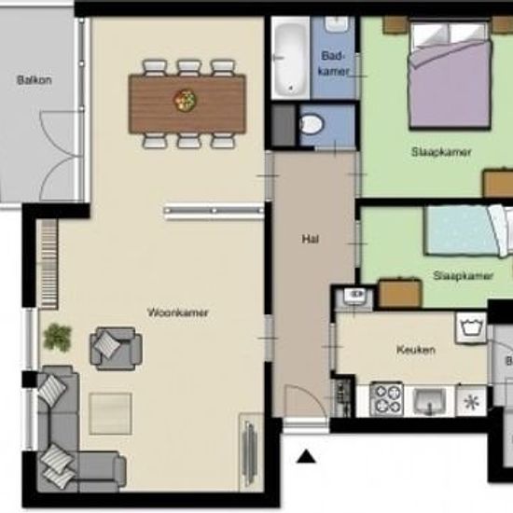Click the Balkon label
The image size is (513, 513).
[x=34, y=80]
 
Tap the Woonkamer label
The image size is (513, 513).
[x=177, y=312]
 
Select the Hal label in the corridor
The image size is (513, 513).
[x=311, y=239]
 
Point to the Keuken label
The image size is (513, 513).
[x=416, y=350]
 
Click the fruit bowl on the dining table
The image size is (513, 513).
[x=185, y=99]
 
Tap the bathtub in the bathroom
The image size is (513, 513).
[x=290, y=58]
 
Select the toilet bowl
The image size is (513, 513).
[x=312, y=124]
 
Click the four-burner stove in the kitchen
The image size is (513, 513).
[x=386, y=400]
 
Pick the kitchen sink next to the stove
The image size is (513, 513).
[x=429, y=401]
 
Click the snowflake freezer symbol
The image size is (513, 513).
[x=471, y=401]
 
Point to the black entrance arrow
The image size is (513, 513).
[x=306, y=456]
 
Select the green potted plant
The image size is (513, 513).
[x=57, y=337]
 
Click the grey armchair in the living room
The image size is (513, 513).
[x=116, y=349]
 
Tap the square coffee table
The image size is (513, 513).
[x=111, y=413]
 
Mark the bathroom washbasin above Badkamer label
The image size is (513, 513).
[x=336, y=24]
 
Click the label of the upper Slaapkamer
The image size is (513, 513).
[x=441, y=152]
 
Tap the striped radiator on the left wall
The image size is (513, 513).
[x=49, y=264]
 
